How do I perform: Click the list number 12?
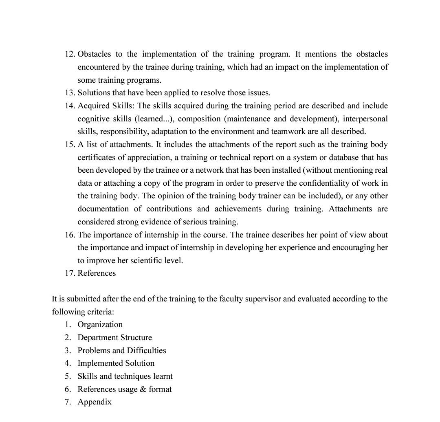click(70, 54)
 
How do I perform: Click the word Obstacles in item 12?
click(94, 54)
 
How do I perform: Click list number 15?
click(70, 145)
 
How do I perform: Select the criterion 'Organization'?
click(100, 325)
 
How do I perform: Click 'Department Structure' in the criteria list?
click(114, 338)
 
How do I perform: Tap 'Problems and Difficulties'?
click(122, 351)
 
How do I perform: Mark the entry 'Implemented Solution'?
click(116, 363)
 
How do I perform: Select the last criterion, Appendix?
click(95, 402)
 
